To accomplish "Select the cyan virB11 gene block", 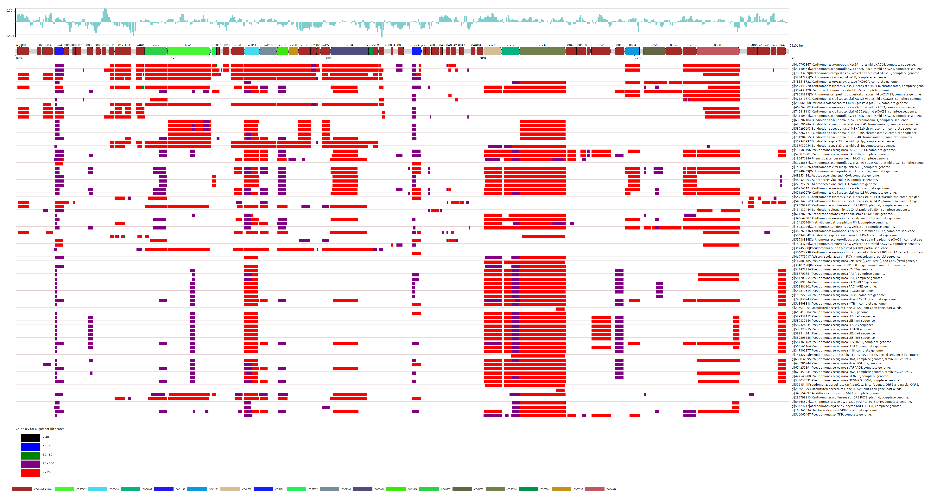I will (251, 51).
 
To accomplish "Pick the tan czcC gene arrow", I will (492, 51).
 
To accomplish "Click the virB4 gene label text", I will (350, 45).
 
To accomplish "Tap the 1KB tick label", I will (174, 58).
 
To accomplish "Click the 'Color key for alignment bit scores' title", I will (40, 429).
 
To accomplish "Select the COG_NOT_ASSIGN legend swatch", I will (22, 489).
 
